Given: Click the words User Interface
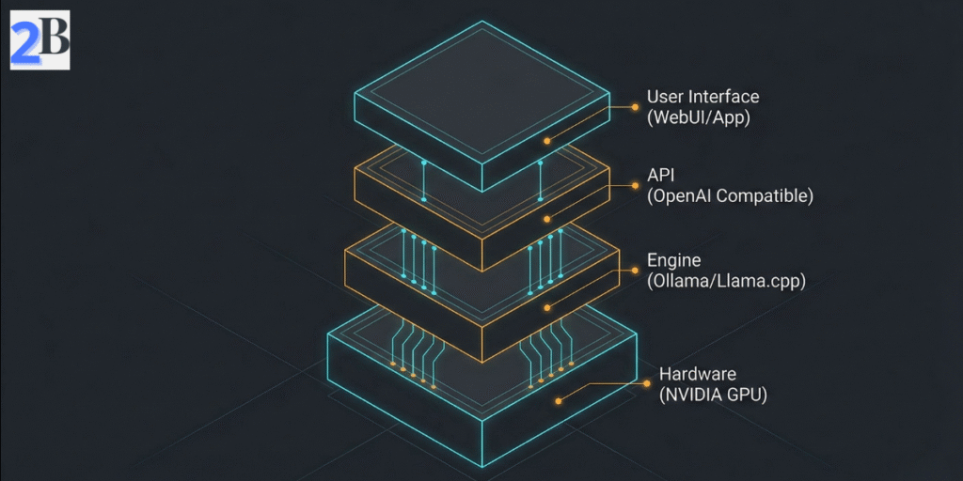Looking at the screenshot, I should tap(703, 97).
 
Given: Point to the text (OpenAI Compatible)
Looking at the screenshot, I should tap(730, 196).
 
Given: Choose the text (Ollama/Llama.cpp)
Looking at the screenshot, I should tap(726, 281).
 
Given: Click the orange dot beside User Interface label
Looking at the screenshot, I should tap(636, 107).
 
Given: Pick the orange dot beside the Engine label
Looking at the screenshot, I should tap(636, 270).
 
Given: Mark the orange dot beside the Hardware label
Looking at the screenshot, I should tap(647, 383).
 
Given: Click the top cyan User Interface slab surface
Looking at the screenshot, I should tap(481, 89).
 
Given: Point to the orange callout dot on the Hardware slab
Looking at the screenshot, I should tap(559, 401).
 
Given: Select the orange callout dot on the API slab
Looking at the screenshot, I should tap(547, 220).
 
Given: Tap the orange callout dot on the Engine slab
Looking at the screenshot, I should tap(547, 307).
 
